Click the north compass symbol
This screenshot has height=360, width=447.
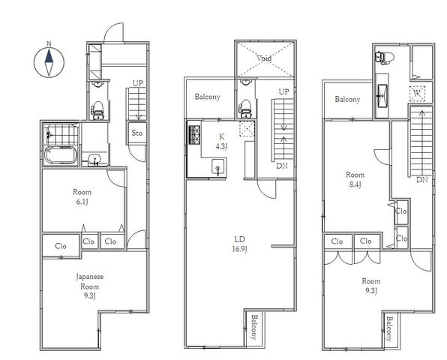[x=49, y=61]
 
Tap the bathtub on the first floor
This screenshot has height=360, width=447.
[x=61, y=155]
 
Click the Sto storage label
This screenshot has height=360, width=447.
[x=136, y=133]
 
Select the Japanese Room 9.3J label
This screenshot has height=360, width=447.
[x=89, y=286]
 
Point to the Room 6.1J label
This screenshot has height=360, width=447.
[x=82, y=196]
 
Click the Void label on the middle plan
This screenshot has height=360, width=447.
[x=264, y=58]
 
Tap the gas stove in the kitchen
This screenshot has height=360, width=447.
[x=194, y=134]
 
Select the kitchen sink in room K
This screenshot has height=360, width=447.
[x=218, y=166]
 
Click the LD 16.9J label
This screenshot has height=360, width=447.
[x=239, y=244]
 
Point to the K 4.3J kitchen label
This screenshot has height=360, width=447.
[x=221, y=142]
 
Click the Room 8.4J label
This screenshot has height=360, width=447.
[x=355, y=179]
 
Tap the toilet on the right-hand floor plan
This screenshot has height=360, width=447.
[x=385, y=58]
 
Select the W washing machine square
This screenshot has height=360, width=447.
[x=417, y=94]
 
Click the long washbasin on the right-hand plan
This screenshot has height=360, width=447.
[x=382, y=96]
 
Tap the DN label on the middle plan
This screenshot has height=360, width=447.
[x=282, y=166]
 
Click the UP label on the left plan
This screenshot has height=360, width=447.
[x=138, y=83]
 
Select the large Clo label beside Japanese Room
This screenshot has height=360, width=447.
[x=61, y=246]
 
